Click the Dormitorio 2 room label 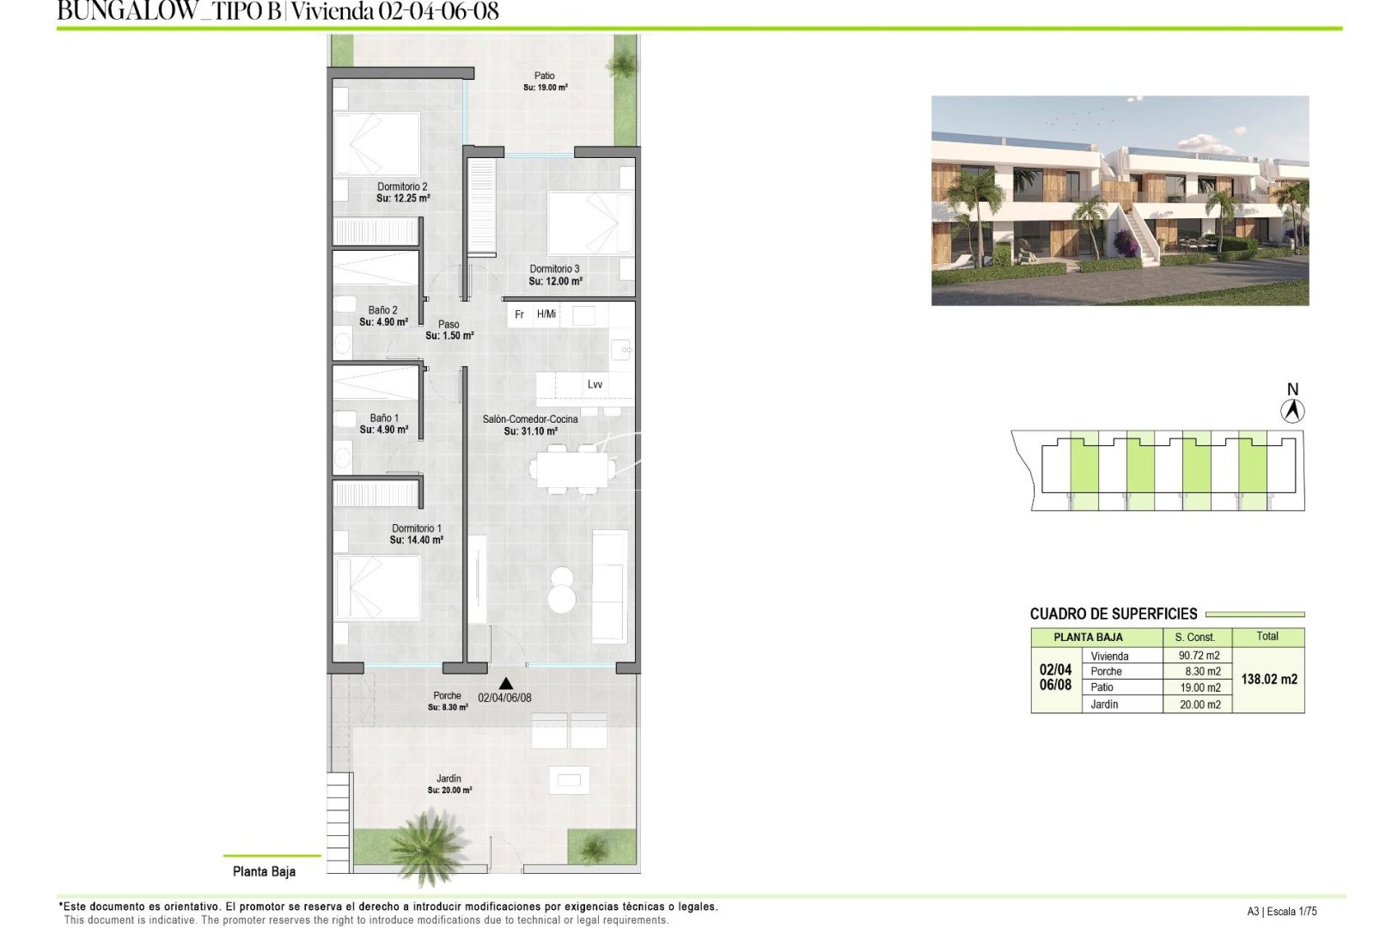(402, 186)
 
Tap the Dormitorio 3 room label (554, 269)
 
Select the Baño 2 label (382, 310)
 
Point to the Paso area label (449, 325)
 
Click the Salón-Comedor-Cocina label (529, 419)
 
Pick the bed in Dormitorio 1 (377, 588)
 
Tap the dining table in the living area (572, 469)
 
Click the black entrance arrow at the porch (506, 684)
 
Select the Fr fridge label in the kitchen (519, 314)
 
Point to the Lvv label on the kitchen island (595, 384)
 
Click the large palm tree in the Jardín (426, 846)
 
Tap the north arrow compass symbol (1292, 411)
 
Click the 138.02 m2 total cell (1268, 679)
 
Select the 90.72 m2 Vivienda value (1199, 656)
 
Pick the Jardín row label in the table (1104, 705)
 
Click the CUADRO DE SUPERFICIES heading (1113, 614)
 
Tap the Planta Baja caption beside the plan (264, 871)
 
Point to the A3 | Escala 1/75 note (1281, 912)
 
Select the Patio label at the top (544, 76)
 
